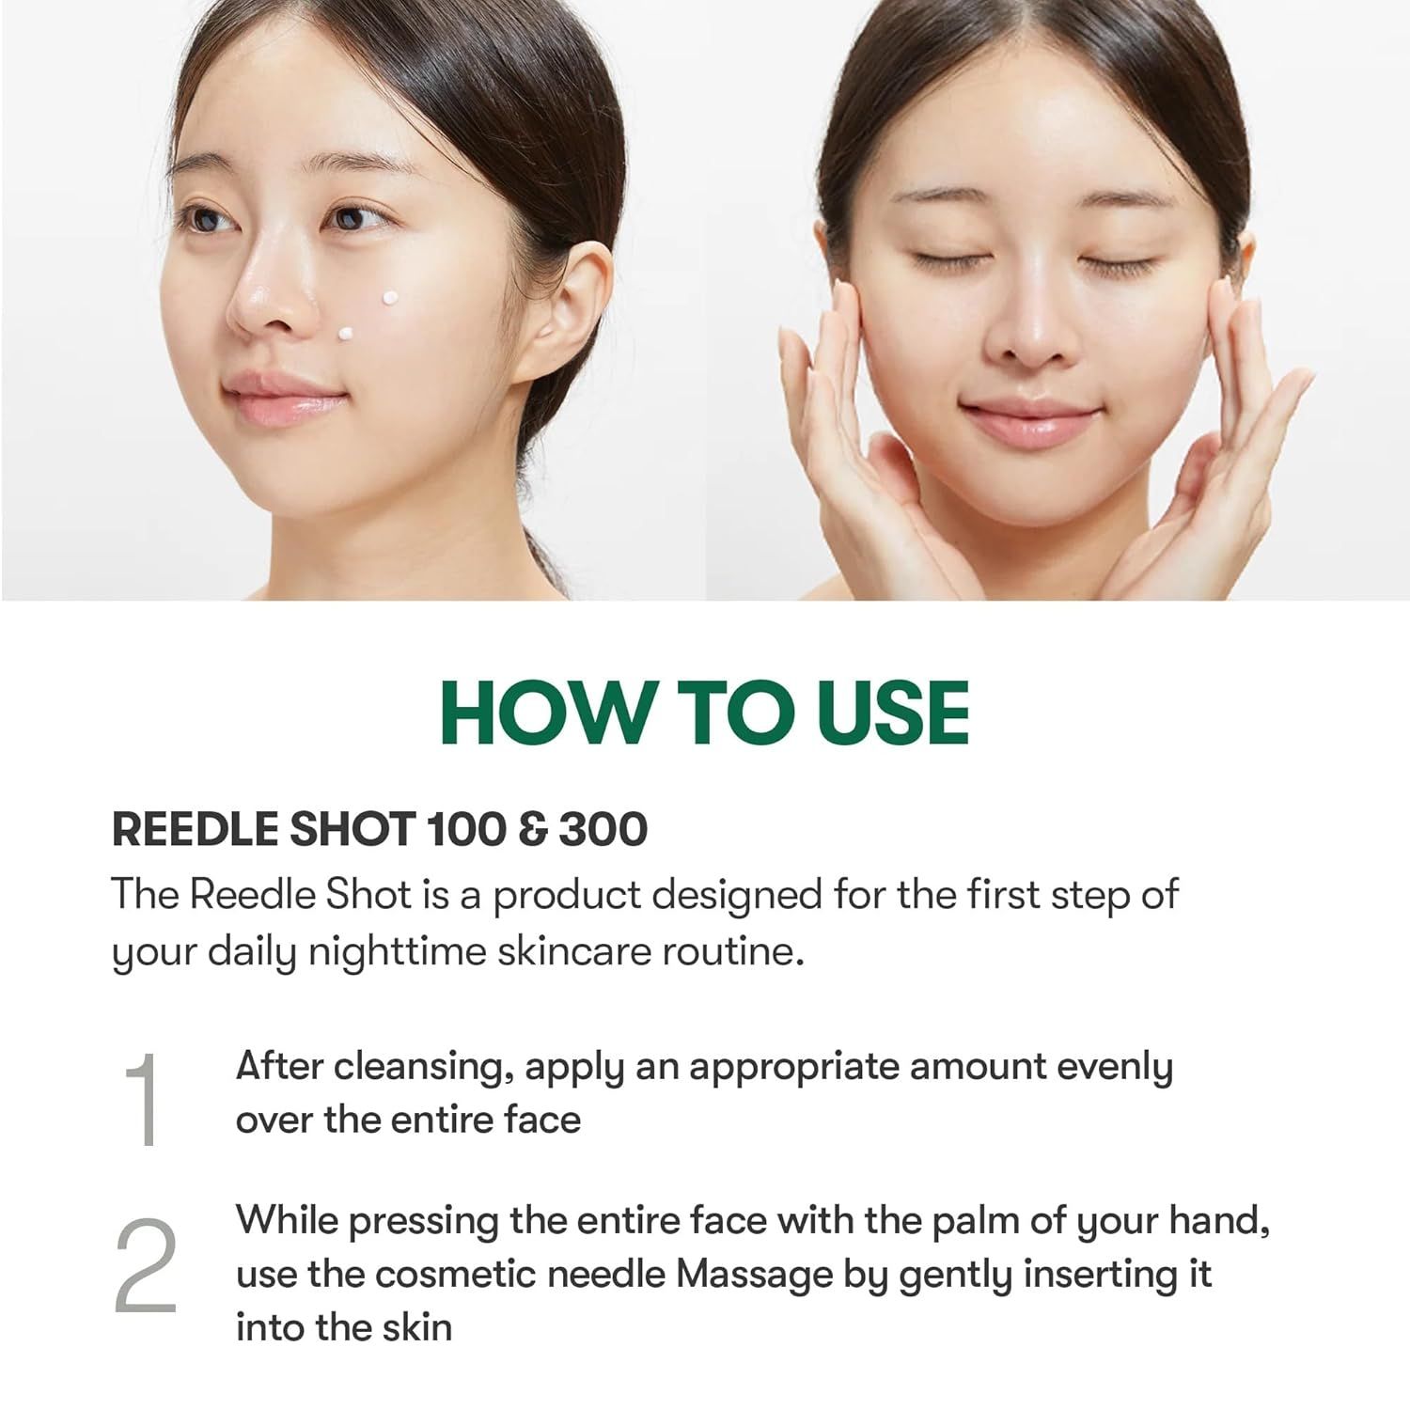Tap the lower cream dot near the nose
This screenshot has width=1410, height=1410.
(x=345, y=334)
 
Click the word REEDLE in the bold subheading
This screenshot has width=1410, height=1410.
(x=194, y=829)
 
